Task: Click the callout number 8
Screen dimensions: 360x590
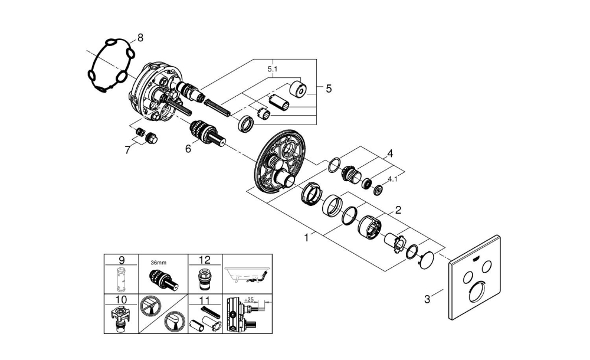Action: (x=140, y=38)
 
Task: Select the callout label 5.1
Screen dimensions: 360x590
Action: (x=273, y=69)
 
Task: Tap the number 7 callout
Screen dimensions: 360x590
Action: (x=127, y=150)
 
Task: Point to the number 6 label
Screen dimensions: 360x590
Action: (x=188, y=150)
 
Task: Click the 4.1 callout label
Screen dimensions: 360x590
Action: (x=392, y=178)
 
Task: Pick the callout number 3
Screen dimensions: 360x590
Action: (x=428, y=299)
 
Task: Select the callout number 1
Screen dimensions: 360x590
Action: (x=306, y=238)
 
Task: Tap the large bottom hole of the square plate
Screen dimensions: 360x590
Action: (x=478, y=294)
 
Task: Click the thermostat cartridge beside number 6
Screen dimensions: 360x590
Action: (x=206, y=132)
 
